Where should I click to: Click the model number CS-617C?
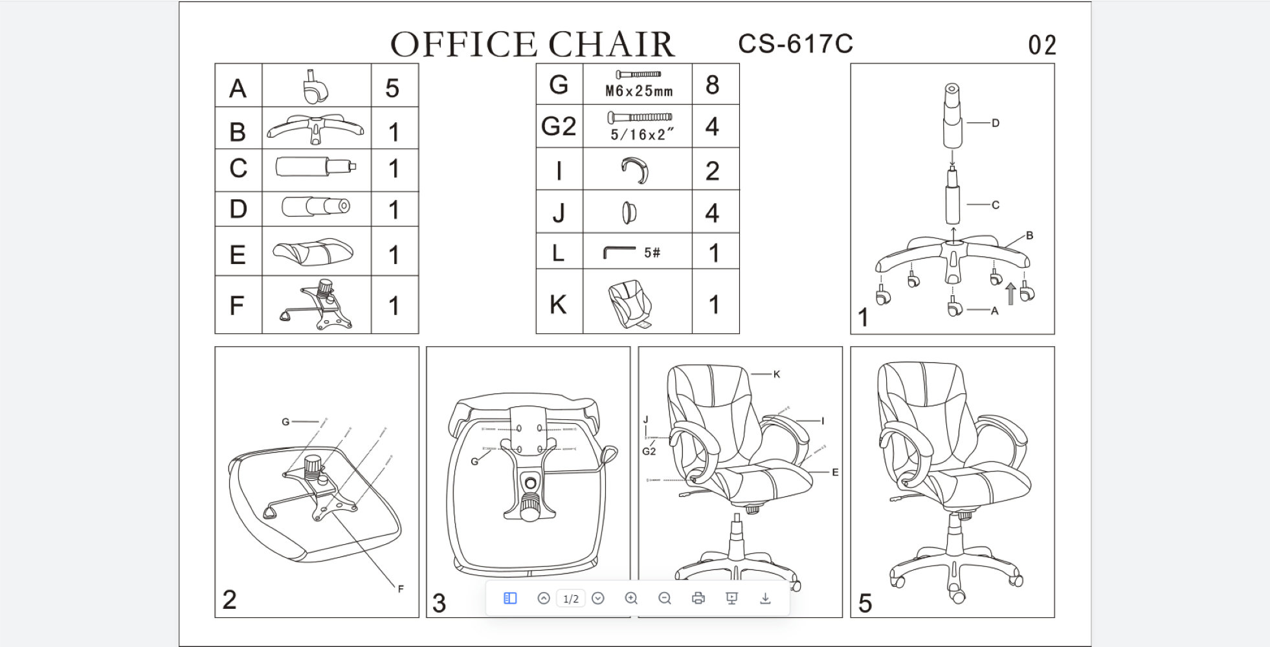795,44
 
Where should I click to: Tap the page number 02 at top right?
1042,45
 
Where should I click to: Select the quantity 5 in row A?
392,89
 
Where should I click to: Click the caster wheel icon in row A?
315,87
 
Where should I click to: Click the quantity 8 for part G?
713,85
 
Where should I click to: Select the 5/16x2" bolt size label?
641,135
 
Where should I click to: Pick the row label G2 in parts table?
559,126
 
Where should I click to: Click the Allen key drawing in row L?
618,252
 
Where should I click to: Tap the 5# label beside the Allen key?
652,253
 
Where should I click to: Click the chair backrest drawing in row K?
629,303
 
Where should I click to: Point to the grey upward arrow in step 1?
1010,294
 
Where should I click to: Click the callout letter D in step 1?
996,123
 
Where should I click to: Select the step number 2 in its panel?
229,600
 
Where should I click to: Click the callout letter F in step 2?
401,589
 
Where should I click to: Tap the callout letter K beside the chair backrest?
777,374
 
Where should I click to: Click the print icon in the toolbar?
698,598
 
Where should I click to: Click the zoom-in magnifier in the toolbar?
631,598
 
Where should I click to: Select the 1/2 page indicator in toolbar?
570,599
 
